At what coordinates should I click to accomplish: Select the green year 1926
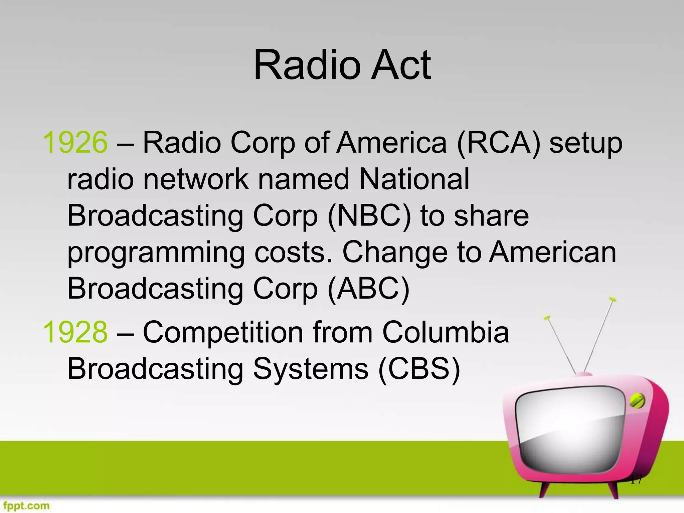[75, 143]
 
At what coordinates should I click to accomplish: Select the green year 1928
[75, 332]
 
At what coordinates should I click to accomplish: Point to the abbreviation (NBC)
[369, 216]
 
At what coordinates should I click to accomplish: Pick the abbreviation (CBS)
[419, 369]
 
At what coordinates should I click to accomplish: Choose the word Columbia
[446, 332]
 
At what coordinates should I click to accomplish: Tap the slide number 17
[636, 480]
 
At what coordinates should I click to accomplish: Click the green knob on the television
[637, 401]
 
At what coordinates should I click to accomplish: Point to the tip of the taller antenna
[612, 299]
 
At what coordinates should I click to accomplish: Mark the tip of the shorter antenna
[547, 318]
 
